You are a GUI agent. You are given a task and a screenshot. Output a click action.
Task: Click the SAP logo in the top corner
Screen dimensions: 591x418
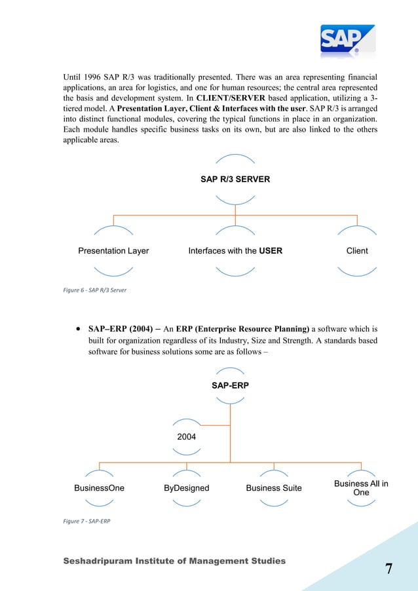[347, 41]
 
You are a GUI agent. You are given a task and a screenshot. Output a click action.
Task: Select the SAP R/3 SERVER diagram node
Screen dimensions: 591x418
[235, 178]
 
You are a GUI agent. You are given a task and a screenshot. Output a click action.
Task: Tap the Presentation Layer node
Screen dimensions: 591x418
[113, 250]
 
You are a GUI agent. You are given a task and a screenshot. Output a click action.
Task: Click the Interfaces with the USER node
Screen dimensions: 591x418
[235, 250]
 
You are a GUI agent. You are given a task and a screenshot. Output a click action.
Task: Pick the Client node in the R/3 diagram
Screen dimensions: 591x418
[357, 250]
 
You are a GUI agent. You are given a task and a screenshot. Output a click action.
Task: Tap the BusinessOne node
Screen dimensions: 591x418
[99, 488]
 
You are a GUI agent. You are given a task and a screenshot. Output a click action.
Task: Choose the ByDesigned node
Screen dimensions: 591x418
[187, 488]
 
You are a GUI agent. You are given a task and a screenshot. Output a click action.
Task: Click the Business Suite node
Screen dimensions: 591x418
[274, 488]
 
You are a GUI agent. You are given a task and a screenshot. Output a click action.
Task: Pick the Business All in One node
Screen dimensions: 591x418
[361, 488]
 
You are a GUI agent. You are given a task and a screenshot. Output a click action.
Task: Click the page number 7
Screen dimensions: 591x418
[389, 569]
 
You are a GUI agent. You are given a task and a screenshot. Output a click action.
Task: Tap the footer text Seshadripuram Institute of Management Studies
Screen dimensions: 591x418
[174, 561]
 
